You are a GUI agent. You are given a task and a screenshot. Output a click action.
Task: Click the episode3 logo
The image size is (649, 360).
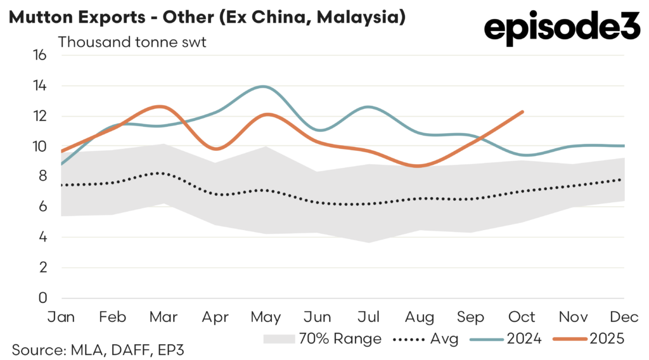click(562, 29)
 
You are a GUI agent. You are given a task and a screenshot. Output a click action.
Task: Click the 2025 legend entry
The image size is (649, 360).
click(589, 338)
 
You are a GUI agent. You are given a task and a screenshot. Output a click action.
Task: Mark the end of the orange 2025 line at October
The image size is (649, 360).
click(522, 112)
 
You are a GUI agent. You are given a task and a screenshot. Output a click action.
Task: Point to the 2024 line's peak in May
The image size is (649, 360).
click(264, 86)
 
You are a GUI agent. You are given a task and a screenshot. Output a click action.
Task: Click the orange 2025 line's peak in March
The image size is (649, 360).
click(161, 106)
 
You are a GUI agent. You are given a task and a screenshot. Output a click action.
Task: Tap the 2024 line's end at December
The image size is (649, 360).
click(624, 146)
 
